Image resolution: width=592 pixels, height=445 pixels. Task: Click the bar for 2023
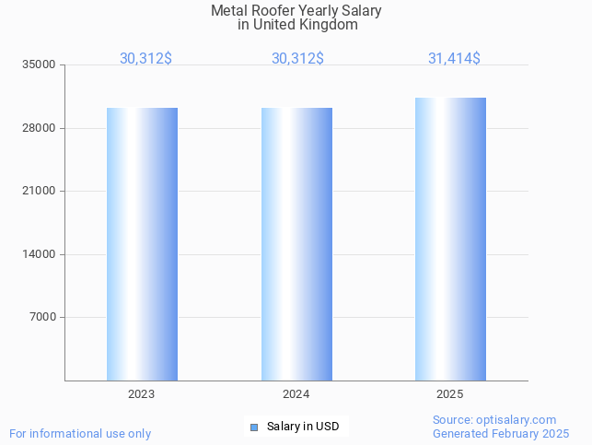point(142,244)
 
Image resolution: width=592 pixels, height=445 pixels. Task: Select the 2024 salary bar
point(296,244)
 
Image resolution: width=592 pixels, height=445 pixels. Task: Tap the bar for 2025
point(450,240)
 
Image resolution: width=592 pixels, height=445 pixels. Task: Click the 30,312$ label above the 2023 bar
point(145,59)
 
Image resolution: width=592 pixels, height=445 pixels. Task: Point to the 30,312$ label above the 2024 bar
point(297,59)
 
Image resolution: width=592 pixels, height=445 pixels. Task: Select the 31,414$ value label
point(454,59)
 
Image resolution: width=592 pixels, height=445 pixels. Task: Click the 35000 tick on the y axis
point(41,65)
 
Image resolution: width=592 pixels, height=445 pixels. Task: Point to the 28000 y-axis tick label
point(41,128)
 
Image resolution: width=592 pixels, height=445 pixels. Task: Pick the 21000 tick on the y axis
point(41,192)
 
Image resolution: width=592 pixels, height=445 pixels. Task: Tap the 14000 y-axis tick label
point(41,254)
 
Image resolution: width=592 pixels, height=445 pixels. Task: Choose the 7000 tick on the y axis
point(43,318)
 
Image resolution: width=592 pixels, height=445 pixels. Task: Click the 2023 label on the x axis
point(142,394)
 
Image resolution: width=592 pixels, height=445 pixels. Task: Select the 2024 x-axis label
point(296,394)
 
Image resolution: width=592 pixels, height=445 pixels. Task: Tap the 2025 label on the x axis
point(450,394)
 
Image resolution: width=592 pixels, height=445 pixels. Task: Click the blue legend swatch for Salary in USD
point(254,427)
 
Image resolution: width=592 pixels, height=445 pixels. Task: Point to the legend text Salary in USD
point(303,427)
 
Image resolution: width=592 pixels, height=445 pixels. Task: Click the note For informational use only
point(80,434)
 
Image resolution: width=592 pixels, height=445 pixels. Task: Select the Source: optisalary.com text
point(494,420)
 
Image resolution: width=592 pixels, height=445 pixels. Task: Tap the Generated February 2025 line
point(501,434)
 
